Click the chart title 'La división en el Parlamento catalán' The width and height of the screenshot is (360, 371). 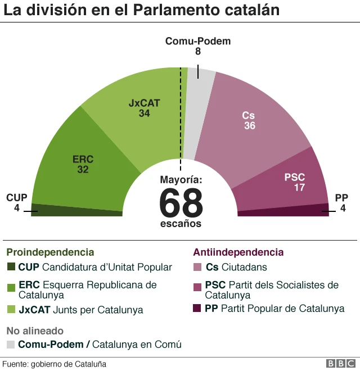click(142, 11)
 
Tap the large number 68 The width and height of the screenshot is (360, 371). click(181, 203)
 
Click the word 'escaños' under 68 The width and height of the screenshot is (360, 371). click(180, 223)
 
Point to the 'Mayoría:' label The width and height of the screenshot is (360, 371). click(181, 180)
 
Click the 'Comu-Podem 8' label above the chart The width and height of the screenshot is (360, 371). click(197, 46)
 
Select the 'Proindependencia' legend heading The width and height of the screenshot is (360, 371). click(50, 252)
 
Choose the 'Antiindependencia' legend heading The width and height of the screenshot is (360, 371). click(238, 252)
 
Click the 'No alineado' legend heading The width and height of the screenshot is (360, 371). click(35, 331)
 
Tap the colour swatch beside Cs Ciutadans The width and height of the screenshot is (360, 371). click(197, 267)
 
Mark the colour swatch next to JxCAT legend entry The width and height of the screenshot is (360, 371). click(11, 309)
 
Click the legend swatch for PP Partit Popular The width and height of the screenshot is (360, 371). click(197, 309)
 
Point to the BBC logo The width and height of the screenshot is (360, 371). click(339, 364)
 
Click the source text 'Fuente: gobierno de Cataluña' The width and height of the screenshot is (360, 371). click(54, 364)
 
